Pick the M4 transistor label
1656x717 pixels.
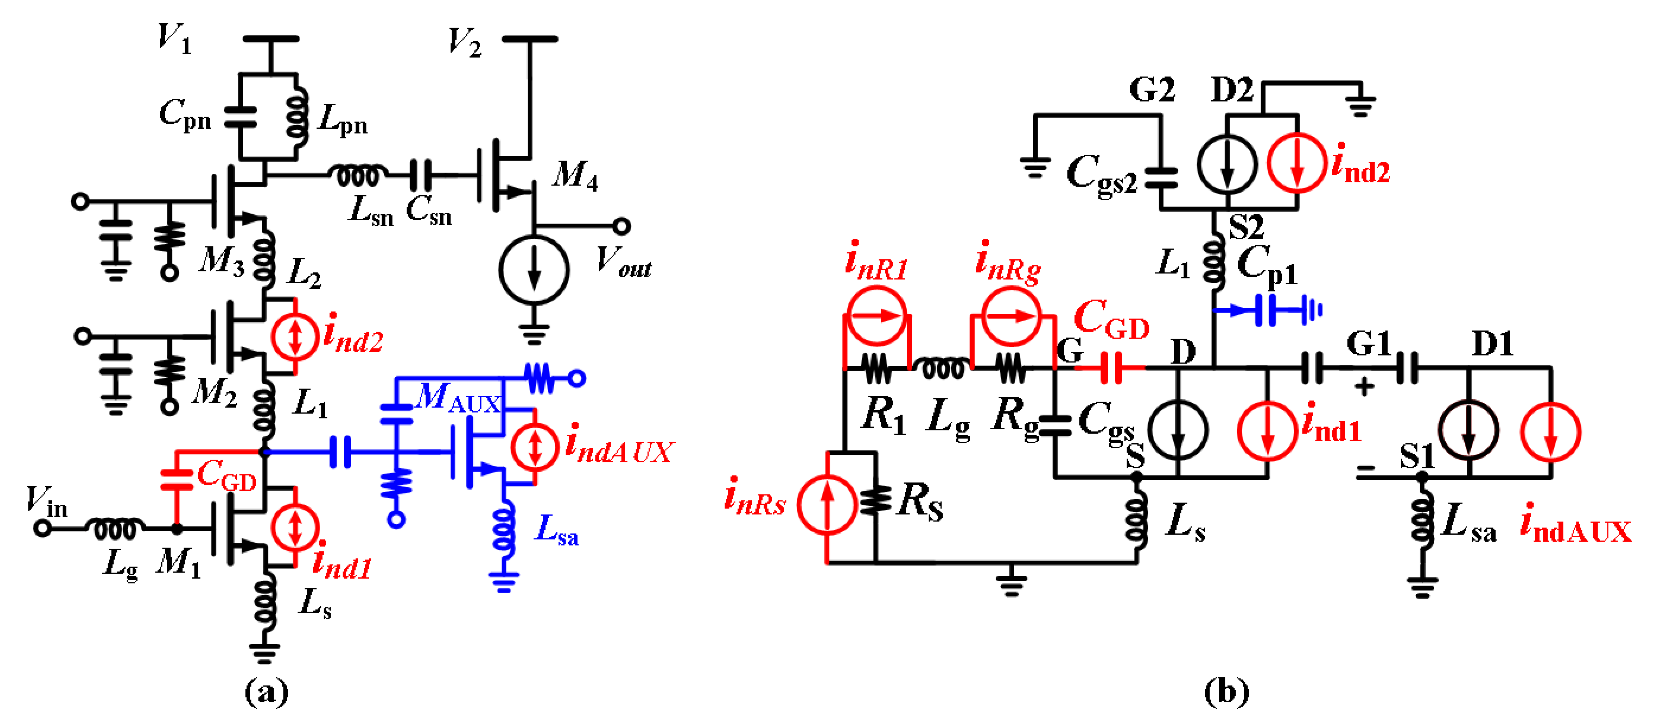pos(575,175)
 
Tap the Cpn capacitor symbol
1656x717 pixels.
pos(241,118)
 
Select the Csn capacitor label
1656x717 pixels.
pos(429,210)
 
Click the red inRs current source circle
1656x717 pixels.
pos(827,504)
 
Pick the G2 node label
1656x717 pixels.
pos(1152,90)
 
